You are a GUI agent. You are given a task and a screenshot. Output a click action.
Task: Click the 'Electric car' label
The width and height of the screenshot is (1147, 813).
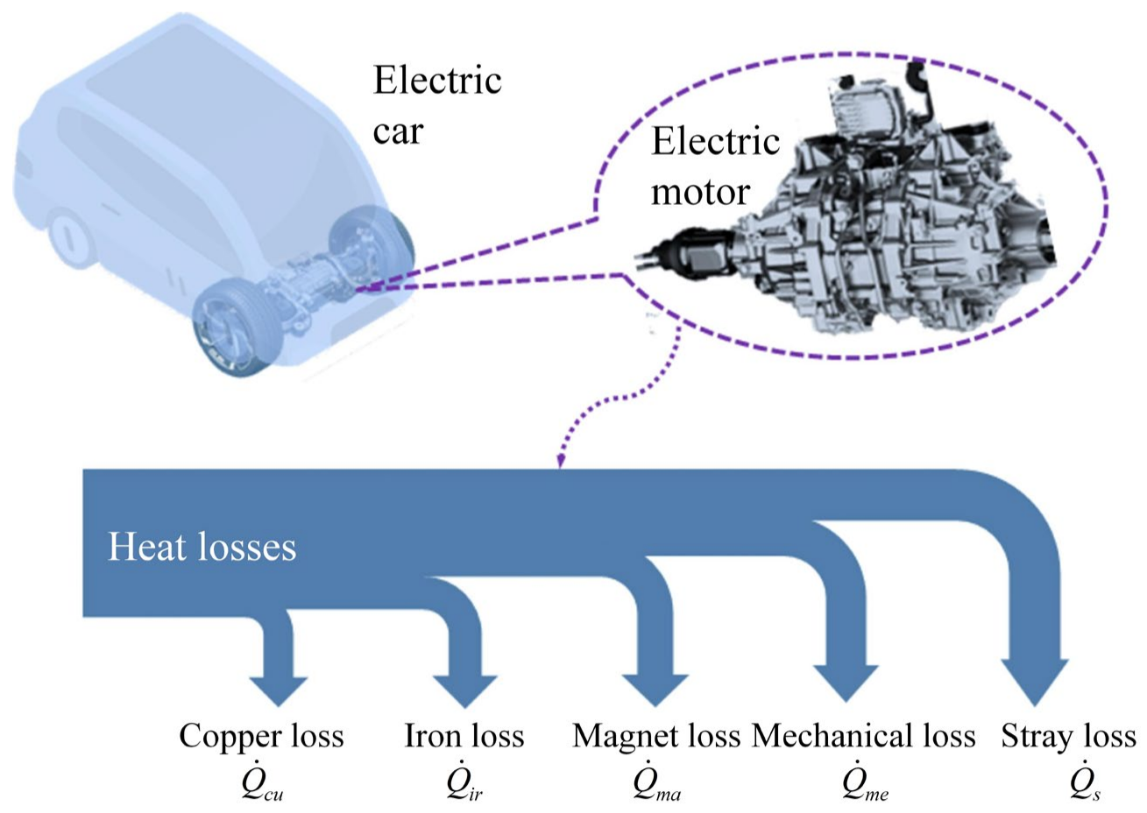tap(435, 105)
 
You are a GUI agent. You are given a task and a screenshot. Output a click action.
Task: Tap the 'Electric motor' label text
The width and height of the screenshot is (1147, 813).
tap(713, 166)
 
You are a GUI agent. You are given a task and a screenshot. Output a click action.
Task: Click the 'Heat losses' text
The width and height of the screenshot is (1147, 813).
tap(202, 548)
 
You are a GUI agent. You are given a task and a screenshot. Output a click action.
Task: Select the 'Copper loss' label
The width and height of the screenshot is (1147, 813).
tap(261, 736)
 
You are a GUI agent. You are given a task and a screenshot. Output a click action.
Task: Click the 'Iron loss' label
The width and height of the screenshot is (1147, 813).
tap(464, 736)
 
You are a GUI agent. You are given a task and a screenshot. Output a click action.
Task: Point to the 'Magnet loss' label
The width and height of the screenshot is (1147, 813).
tap(655, 736)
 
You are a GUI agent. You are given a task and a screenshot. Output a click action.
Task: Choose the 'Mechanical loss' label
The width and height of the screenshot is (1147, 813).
tap(863, 736)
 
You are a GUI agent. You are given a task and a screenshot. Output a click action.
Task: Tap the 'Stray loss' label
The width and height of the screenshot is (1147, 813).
tap(1068, 736)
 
